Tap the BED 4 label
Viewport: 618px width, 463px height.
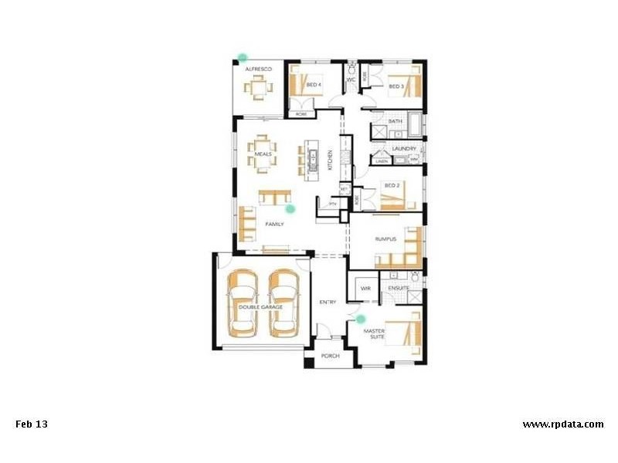click(314, 85)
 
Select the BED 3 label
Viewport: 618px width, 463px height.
click(396, 86)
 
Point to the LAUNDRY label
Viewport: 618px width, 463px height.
click(404, 148)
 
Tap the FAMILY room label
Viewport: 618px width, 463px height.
click(274, 224)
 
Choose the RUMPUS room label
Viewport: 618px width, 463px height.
click(385, 239)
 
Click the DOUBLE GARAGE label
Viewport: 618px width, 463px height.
click(260, 306)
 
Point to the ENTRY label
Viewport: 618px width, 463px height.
click(328, 302)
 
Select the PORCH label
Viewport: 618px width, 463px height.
click(331, 357)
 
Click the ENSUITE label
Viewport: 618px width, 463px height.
click(399, 288)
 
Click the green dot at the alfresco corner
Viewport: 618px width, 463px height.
click(243, 57)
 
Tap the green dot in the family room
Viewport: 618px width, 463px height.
click(290, 208)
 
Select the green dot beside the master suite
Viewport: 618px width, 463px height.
click(360, 318)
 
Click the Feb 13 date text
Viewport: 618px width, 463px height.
click(32, 424)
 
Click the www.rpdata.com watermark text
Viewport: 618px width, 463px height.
click(562, 424)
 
